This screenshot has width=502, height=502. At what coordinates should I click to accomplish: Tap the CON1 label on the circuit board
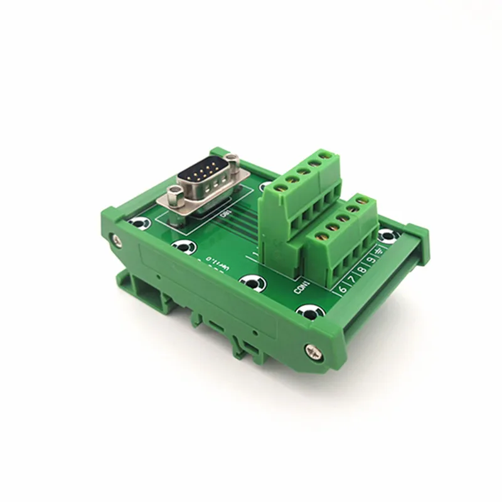[x=302, y=285]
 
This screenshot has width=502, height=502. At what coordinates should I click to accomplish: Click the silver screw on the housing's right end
[x=312, y=350]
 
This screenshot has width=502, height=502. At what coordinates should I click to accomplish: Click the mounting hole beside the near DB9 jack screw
[x=139, y=222]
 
